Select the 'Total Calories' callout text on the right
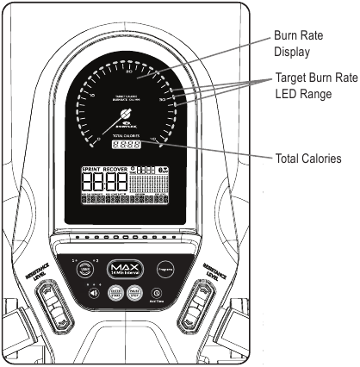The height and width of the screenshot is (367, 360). pos(308,159)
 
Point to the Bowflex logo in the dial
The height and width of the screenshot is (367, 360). pos(127,115)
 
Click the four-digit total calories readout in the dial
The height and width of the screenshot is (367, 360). pos(127,146)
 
